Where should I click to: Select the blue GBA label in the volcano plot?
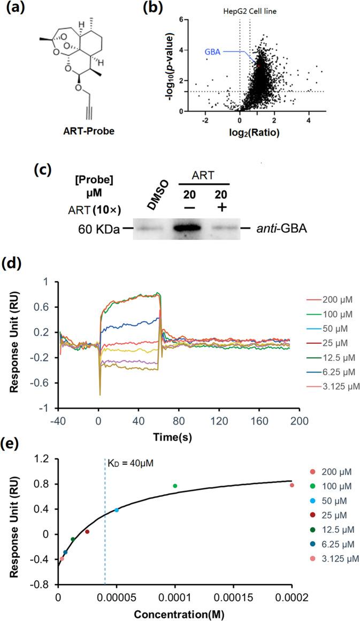pyautogui.click(x=212, y=52)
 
